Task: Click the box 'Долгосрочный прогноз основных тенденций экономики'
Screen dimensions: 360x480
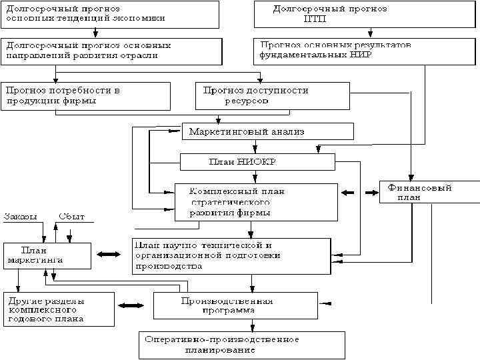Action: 110,14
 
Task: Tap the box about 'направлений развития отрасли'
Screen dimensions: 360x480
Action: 110,51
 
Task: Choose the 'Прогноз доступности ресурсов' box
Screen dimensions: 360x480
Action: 272,96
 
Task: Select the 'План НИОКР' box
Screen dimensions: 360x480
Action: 257,162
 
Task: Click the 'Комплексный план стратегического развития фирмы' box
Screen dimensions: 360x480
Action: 256,202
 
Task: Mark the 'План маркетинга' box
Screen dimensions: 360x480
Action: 47,255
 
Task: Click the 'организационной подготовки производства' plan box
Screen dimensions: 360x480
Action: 231,255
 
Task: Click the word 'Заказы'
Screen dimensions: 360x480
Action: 21,216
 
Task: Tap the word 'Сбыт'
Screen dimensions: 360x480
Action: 71,216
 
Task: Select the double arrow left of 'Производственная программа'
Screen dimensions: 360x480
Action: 131,305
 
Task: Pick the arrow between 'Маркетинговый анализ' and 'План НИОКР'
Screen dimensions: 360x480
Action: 255,147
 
